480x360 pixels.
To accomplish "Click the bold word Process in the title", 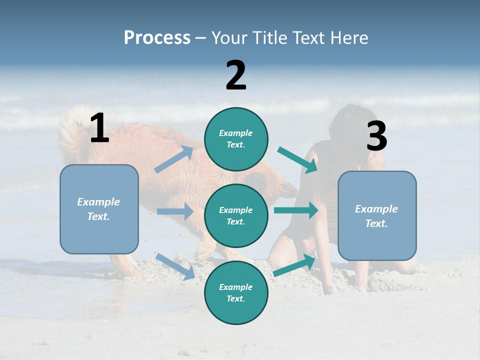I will (157, 38).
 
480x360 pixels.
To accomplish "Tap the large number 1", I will (99, 128).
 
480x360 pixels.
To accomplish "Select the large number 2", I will (236, 75).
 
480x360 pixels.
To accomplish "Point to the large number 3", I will (376, 136).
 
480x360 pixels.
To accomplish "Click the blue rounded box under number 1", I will (99, 209).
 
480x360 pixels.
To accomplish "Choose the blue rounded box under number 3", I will (377, 216).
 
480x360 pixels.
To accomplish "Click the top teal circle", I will (236, 139).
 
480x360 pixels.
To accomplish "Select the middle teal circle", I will (236, 216).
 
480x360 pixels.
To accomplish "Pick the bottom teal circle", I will (236, 293).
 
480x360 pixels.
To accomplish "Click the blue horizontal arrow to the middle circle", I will (175, 211).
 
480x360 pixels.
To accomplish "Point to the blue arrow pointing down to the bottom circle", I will (175, 266).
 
